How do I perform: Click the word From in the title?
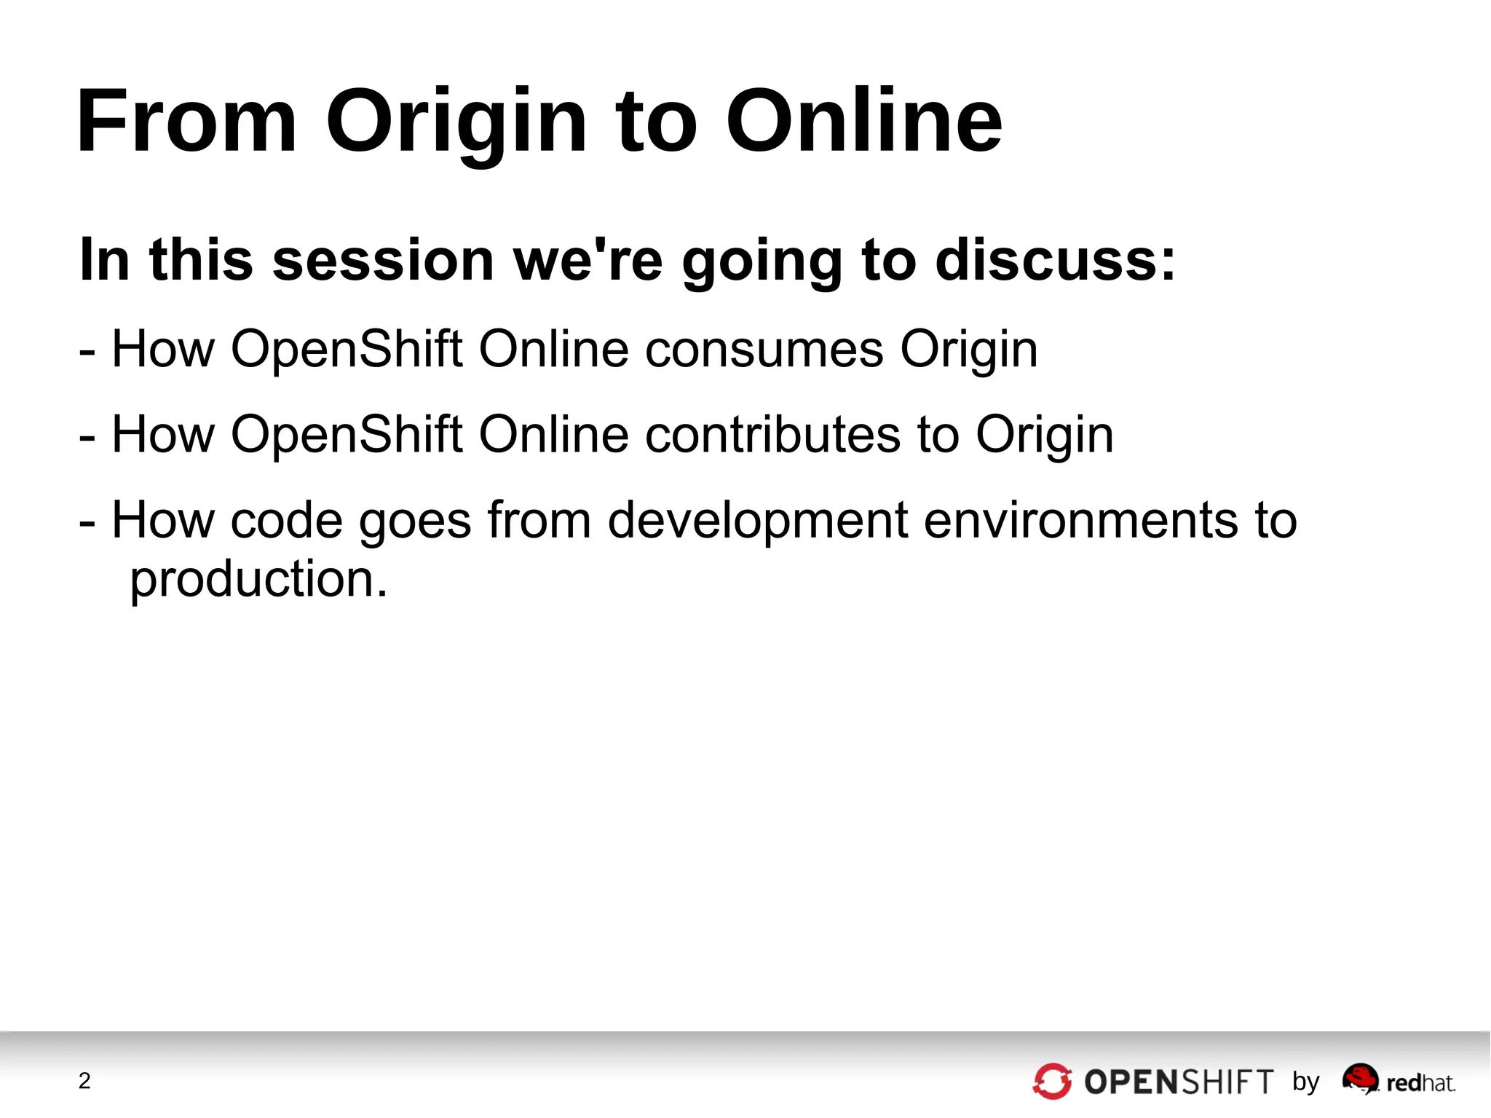pyautogui.click(x=186, y=121)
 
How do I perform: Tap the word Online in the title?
pyautogui.click(x=863, y=121)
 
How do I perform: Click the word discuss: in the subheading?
pyautogui.click(x=1055, y=260)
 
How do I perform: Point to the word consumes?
pyautogui.click(x=764, y=350)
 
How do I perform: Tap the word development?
pyautogui.click(x=758, y=521)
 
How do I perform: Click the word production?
pyautogui.click(x=258, y=580)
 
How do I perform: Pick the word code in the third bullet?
pyautogui.click(x=286, y=521)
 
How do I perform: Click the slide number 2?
pyautogui.click(x=84, y=1081)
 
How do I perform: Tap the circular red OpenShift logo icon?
pyautogui.click(x=1052, y=1082)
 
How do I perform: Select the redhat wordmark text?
pyautogui.click(x=1420, y=1084)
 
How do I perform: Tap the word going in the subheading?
pyautogui.click(x=762, y=260)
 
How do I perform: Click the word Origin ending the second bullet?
pyautogui.click(x=1044, y=435)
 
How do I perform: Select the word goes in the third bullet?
pyautogui.click(x=415, y=521)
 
